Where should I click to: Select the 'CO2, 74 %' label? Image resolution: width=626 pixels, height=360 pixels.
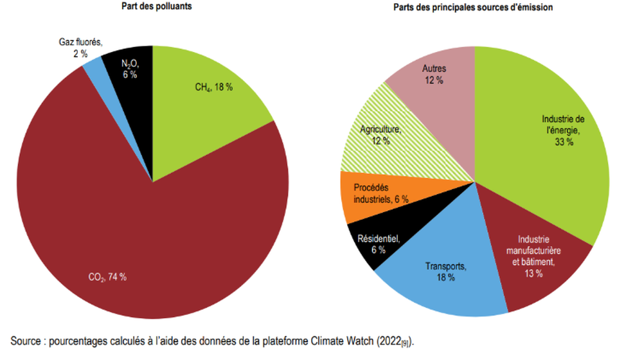coord(106,277)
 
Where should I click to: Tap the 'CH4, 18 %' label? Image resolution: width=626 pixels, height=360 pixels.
coord(213,87)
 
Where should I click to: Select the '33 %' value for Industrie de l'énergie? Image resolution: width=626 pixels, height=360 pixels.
coord(564,142)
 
